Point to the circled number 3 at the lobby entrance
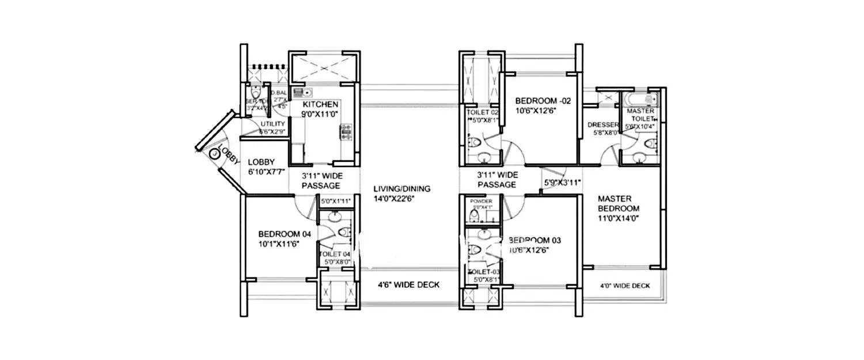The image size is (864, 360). click(214, 154)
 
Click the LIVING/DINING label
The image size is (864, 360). click(401, 188)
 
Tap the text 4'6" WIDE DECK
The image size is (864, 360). click(408, 285)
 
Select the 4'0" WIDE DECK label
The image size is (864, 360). click(625, 286)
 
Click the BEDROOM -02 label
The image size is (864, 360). click(543, 100)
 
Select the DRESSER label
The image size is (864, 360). click(602, 125)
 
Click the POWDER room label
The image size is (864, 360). click(482, 202)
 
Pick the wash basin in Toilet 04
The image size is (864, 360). click(334, 217)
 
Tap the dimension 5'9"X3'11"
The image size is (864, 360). click(562, 183)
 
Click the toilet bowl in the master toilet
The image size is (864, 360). click(651, 143)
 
